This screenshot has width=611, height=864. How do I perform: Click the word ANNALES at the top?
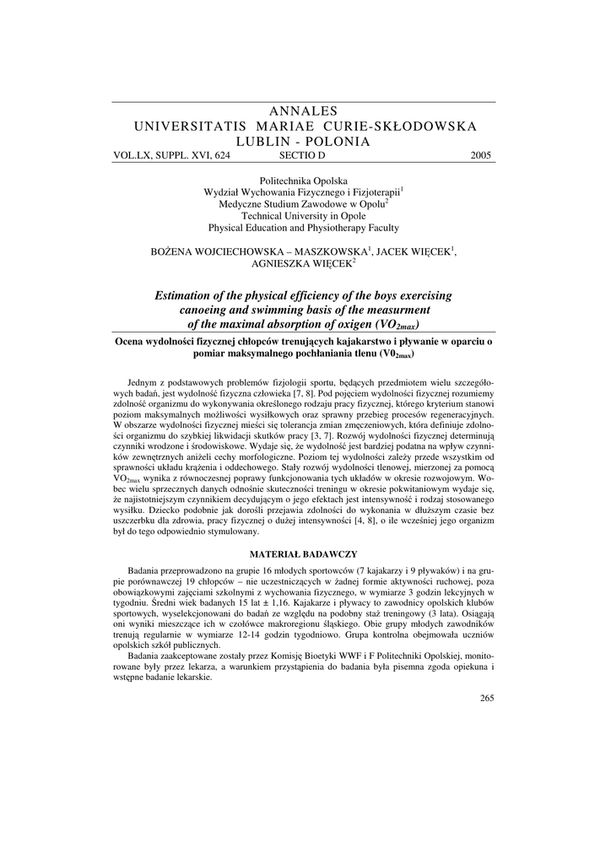305,111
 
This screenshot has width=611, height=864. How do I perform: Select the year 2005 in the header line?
480,155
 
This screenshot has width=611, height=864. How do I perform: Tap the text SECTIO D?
301,155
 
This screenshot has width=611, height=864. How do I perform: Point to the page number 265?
486,697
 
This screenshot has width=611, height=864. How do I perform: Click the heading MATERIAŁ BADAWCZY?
305,553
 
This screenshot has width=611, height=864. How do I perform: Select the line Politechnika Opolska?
304,181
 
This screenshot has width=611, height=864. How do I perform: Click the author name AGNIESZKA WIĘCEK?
303,263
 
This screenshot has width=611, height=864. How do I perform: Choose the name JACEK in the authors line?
394,251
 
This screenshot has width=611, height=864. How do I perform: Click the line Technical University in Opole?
304,216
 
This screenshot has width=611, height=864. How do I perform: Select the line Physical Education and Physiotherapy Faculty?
304,228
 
